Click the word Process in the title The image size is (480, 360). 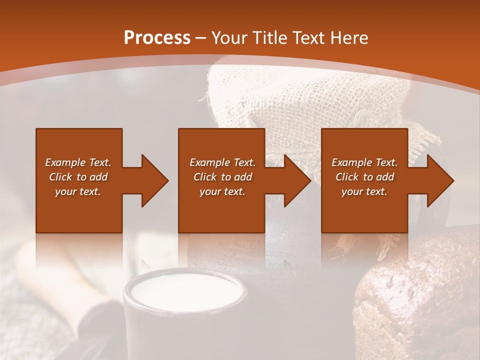point(157,38)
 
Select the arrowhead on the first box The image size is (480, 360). point(152,180)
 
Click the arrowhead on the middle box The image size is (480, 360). point(295,180)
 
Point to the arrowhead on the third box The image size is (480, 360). point(438,180)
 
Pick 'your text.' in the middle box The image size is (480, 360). point(222,191)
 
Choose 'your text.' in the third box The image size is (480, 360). point(364,191)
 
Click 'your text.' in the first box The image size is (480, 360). point(78,191)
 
